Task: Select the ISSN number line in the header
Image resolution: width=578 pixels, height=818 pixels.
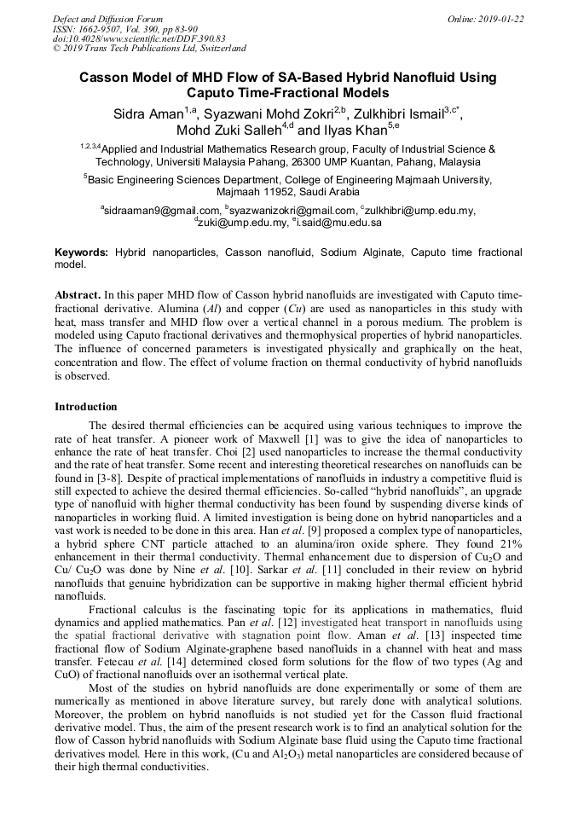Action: point(124,29)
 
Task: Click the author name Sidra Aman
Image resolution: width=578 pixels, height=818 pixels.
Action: point(147,114)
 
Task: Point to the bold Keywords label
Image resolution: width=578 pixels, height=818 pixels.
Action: point(81,253)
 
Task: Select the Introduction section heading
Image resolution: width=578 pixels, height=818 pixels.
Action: point(86,407)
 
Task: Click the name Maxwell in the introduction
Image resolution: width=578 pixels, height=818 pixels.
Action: point(294,438)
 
